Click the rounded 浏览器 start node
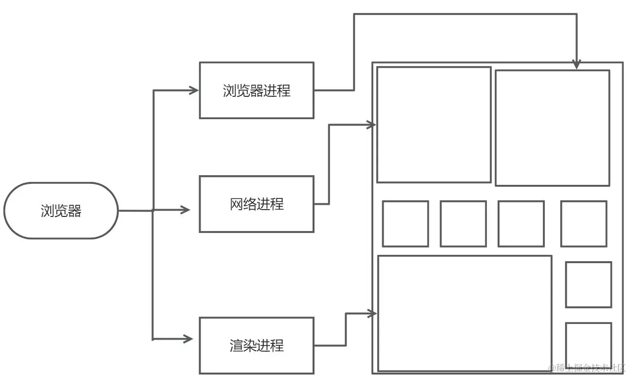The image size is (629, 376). click(61, 211)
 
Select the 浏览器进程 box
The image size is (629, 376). click(257, 90)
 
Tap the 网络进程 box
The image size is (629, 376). click(257, 204)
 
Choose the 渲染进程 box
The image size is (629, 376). click(257, 345)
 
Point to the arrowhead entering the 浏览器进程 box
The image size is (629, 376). click(194, 90)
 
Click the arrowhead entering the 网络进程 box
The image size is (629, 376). click(185, 210)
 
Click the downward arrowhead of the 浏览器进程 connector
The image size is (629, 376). click(576, 64)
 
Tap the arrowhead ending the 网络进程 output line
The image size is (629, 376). click(371, 125)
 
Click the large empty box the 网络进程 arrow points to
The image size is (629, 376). click(434, 125)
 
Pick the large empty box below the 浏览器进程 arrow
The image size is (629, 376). click(552, 128)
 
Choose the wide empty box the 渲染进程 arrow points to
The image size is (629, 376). click(464, 313)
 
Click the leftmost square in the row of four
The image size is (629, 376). click(405, 224)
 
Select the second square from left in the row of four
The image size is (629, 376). click(463, 224)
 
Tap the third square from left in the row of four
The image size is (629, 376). click(521, 224)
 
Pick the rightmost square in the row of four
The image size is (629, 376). click(583, 224)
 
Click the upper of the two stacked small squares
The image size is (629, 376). click(588, 285)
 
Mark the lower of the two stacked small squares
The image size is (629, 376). click(588, 345)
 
